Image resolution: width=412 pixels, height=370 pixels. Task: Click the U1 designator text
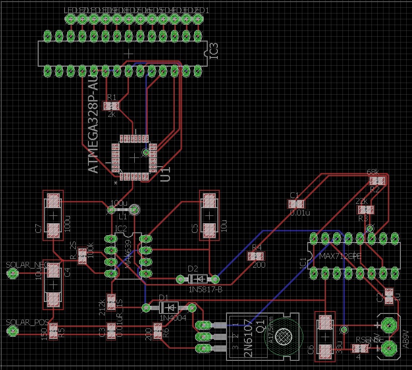pyautogui.click(x=165, y=174)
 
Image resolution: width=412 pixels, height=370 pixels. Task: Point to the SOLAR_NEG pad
pyautogui.click(x=13, y=274)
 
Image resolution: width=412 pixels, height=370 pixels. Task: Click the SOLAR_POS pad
pyautogui.click(x=13, y=330)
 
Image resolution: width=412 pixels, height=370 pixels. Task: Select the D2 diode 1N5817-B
pyautogui.click(x=198, y=279)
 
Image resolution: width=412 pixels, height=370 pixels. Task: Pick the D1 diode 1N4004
pyautogui.click(x=169, y=307)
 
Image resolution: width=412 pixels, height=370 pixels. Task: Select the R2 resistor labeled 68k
pyautogui.click(x=378, y=181)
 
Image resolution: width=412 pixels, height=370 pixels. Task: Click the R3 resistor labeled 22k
pyautogui.click(x=366, y=210)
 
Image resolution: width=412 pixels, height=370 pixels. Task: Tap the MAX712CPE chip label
pyautogui.click(x=341, y=256)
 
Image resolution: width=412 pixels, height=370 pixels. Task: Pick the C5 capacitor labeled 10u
pyautogui.click(x=209, y=213)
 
